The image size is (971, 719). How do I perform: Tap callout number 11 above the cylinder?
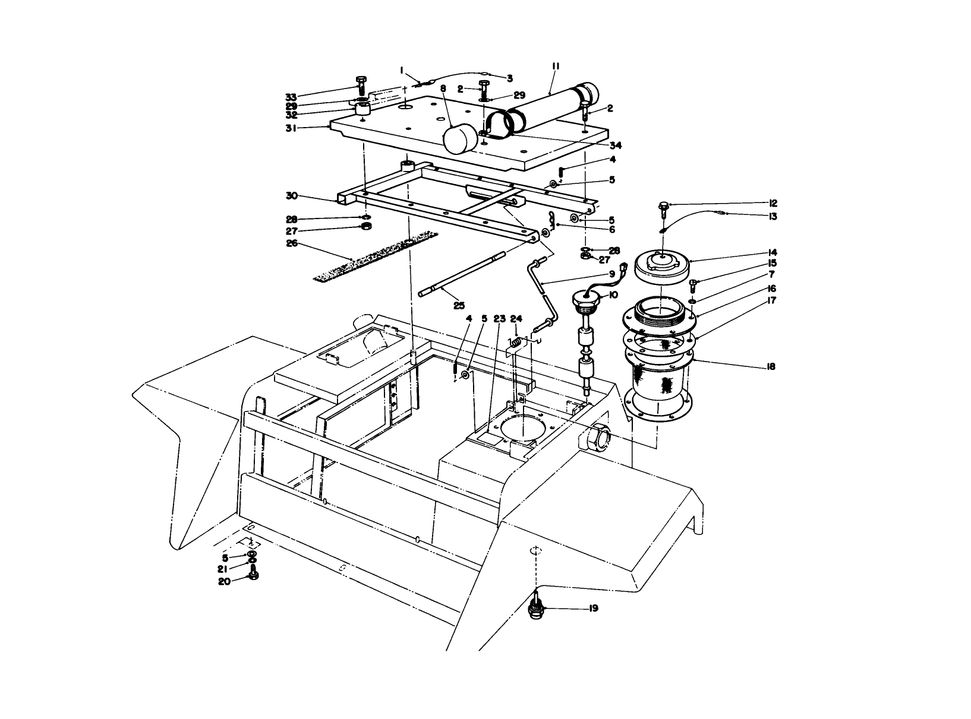556,66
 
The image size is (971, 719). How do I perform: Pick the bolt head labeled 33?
360,81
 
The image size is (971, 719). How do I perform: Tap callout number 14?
773,252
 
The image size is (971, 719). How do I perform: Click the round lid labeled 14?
661,265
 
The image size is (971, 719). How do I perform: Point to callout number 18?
771,367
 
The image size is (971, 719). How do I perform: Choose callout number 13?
773,217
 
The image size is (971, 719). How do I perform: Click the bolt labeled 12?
663,206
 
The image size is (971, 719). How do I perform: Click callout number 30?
291,195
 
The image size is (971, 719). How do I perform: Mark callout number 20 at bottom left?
225,582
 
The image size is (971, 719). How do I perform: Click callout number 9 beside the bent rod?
611,274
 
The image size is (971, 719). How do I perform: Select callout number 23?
499,319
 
